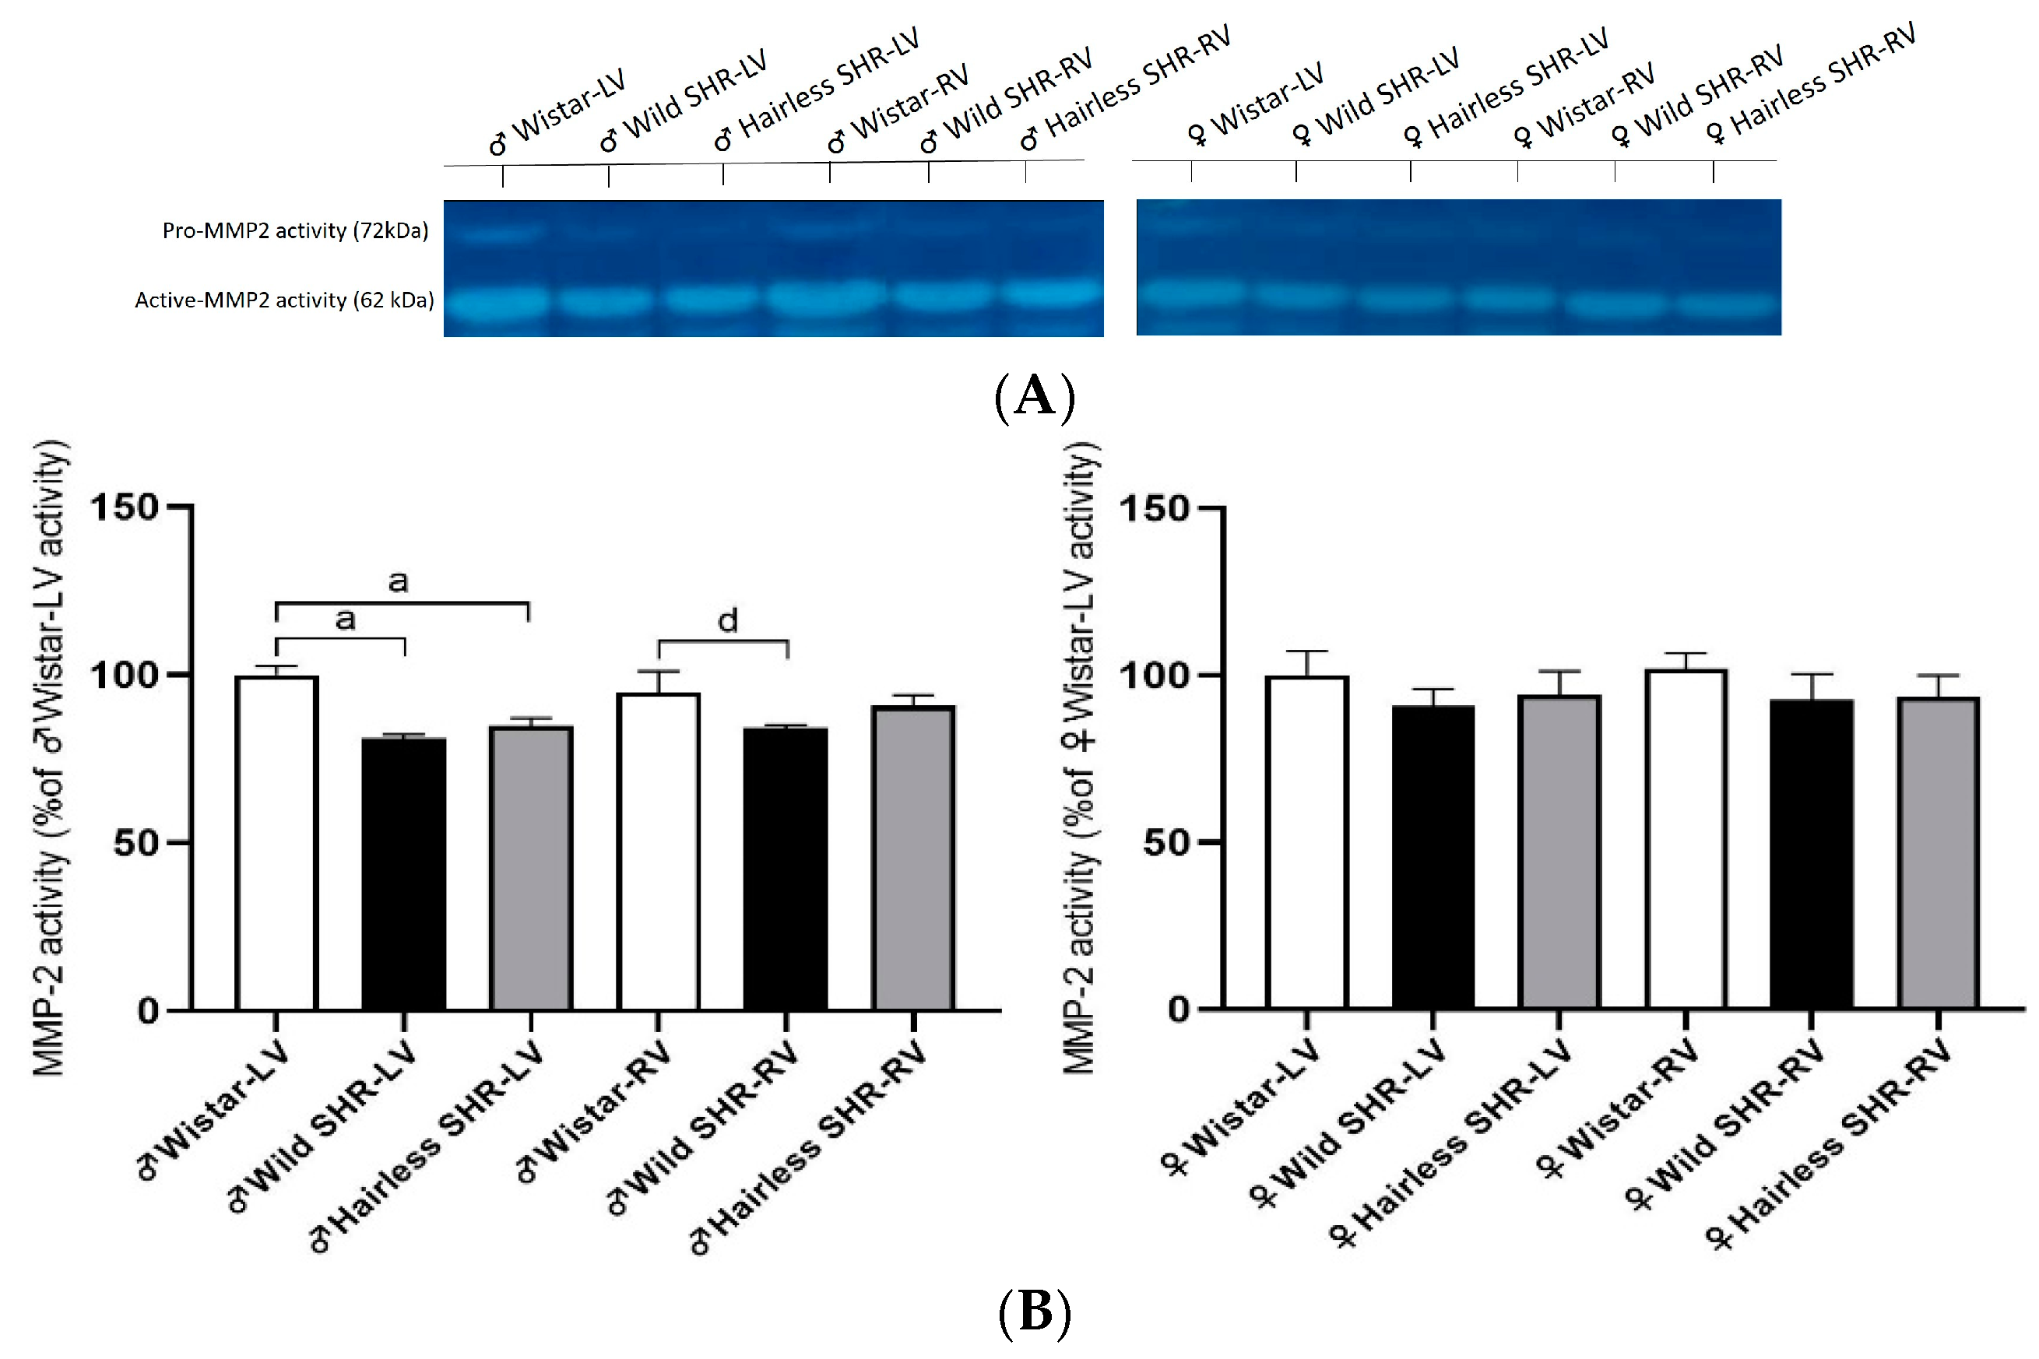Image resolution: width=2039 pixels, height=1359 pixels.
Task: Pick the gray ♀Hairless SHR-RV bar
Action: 1938,853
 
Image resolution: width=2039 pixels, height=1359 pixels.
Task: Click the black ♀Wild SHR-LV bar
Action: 1433,857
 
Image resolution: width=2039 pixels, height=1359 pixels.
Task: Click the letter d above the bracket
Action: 727,620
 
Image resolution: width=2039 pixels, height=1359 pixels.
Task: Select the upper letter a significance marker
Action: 398,581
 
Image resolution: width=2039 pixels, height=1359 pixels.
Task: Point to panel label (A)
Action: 1034,397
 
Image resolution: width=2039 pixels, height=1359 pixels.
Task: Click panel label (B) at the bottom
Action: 1034,1312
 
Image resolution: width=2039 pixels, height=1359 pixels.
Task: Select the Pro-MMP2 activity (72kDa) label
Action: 295,230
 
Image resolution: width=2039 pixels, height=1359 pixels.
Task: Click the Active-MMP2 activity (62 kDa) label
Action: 284,300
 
